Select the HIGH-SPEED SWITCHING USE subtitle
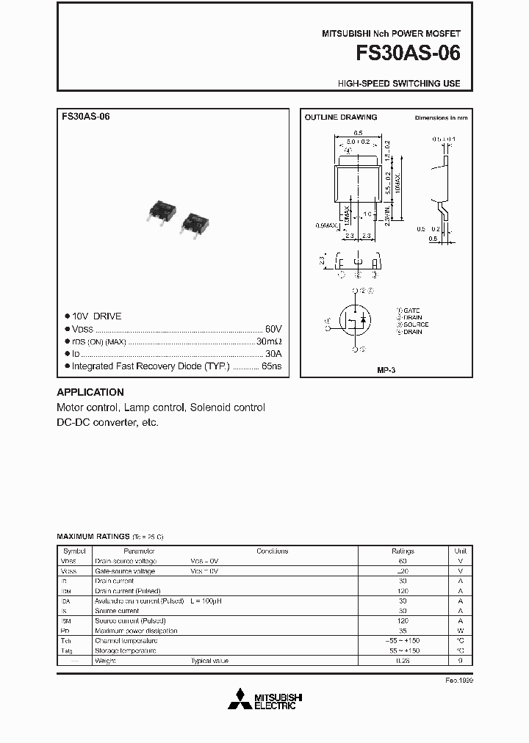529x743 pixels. [x=399, y=84]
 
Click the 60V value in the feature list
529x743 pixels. [x=273, y=329]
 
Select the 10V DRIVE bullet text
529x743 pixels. [x=96, y=316]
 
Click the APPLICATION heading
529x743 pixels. [x=90, y=392]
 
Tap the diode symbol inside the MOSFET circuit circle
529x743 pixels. [x=365, y=320]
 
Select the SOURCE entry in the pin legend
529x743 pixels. [x=414, y=324]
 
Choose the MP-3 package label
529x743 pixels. [x=386, y=371]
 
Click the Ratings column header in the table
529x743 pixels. [x=403, y=551]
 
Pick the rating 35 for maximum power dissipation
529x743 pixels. [x=403, y=631]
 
